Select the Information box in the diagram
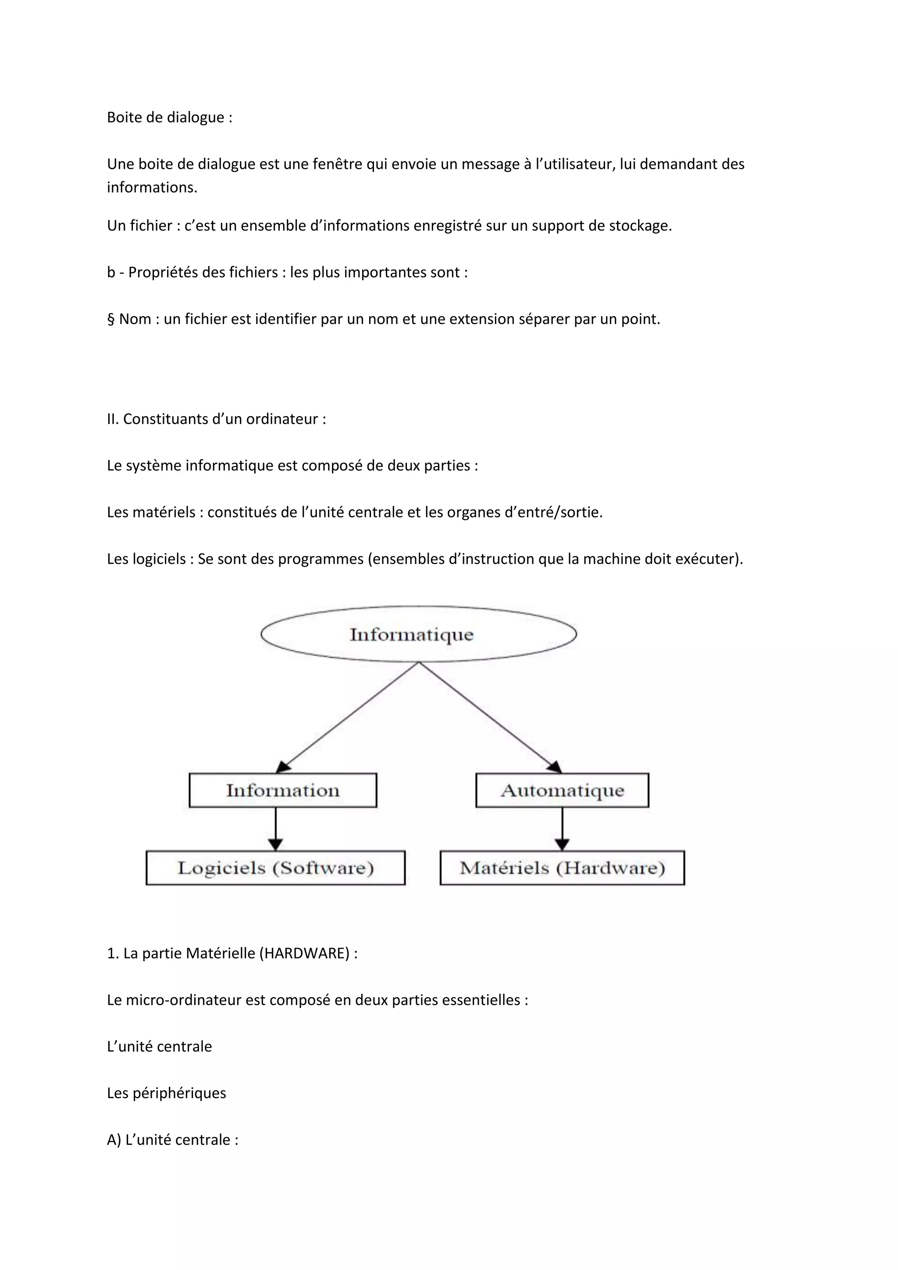[x=282, y=790]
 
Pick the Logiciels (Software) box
[x=275, y=868]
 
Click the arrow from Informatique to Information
[x=347, y=717]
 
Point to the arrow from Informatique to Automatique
[x=490, y=717]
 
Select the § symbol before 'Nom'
[x=110, y=319]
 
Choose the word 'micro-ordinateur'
[x=179, y=999]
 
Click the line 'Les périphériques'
[x=167, y=1093]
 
